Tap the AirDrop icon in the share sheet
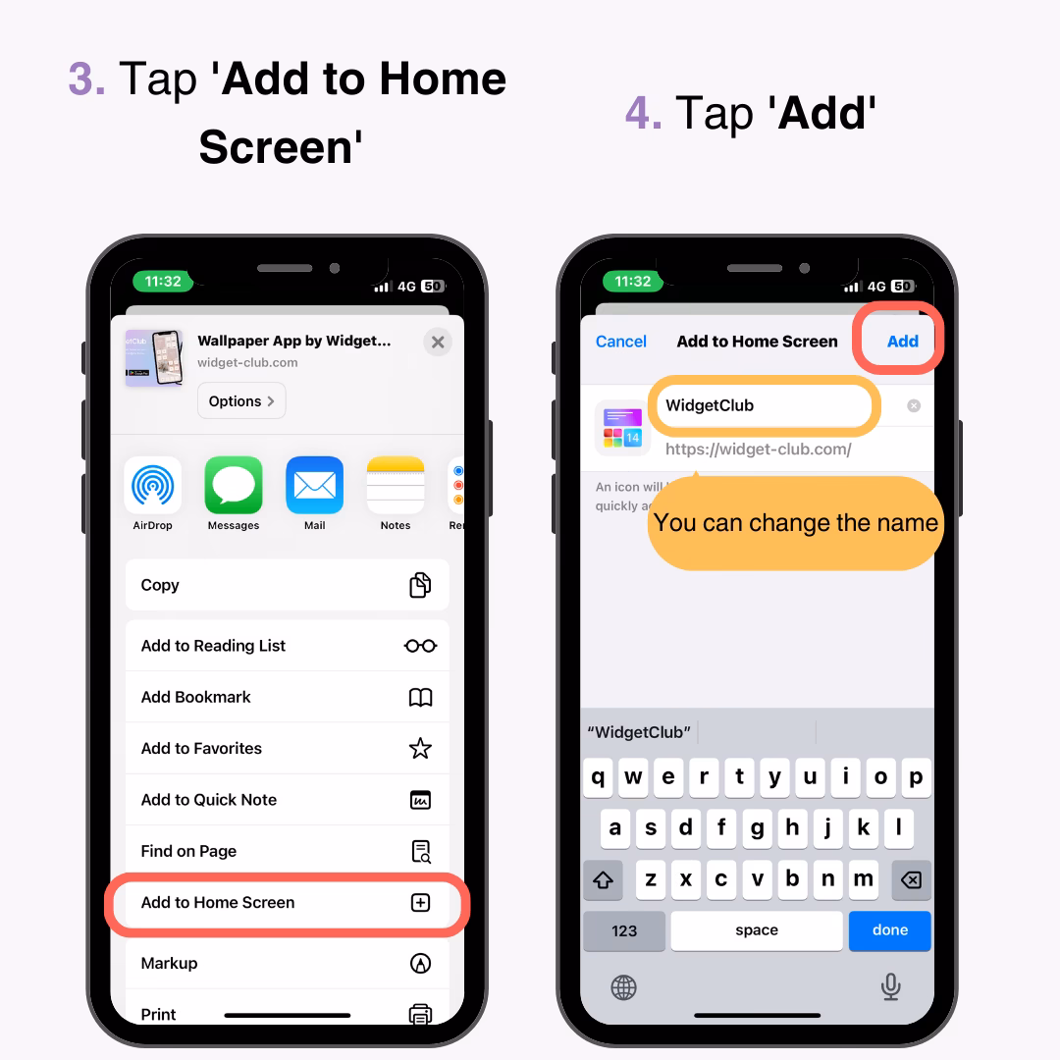153,485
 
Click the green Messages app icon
234,485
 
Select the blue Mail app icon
314,485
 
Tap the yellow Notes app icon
395,485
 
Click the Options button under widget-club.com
241,400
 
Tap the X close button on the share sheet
438,342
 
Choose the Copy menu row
287,585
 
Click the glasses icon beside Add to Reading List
420,646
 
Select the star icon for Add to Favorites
420,749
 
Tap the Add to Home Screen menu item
287,903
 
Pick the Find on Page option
287,851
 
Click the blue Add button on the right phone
902,342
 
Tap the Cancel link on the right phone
621,342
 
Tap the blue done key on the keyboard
889,930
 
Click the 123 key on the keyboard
624,930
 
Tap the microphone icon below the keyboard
890,986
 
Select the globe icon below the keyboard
624,987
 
